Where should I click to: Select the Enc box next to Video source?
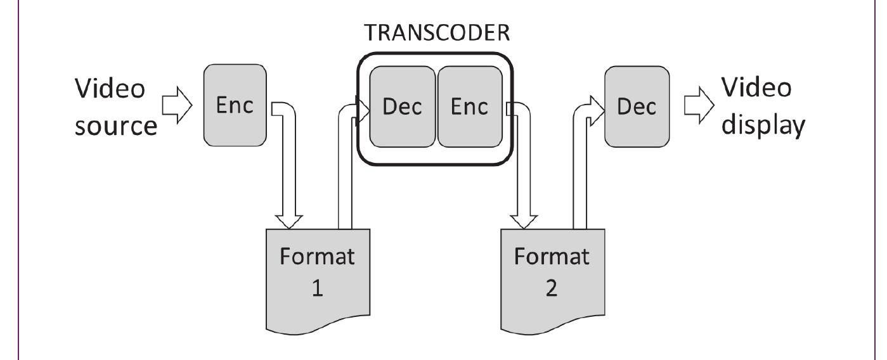tap(235, 106)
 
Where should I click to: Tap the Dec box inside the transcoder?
tap(403, 106)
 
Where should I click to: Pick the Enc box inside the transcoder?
tap(469, 106)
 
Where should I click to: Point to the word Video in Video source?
tap(109, 89)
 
